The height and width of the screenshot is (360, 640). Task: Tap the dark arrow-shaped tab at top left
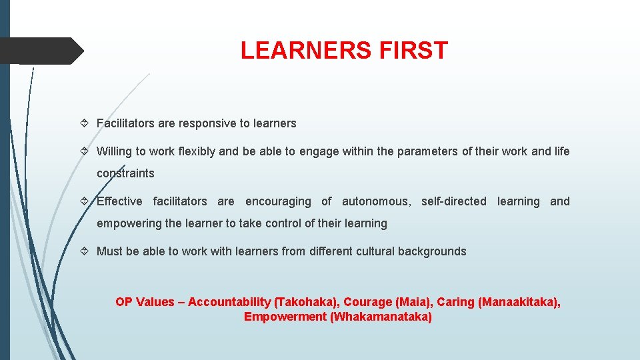click(40, 51)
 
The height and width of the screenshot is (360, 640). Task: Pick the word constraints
click(125, 173)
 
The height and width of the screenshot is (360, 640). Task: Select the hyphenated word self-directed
click(454, 201)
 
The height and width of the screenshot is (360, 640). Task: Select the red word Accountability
click(229, 302)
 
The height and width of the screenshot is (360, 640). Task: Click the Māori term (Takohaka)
click(305, 302)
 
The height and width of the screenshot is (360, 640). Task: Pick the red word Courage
click(366, 302)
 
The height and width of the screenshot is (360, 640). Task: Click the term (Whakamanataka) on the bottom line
click(381, 317)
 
